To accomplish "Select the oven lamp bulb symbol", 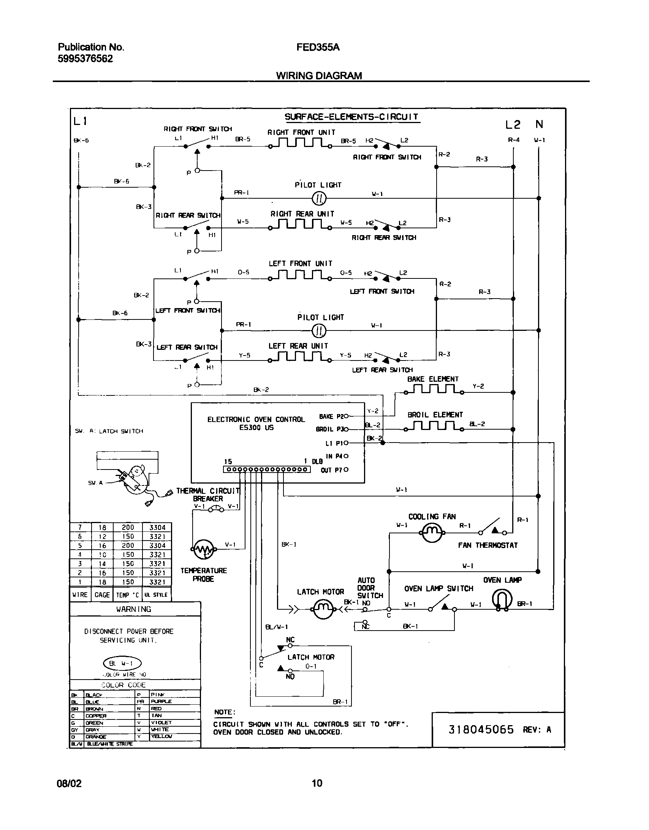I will click(x=502, y=599).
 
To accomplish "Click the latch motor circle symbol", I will click(x=322, y=610).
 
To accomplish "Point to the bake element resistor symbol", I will click(x=434, y=389).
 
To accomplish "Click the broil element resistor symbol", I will click(x=434, y=427).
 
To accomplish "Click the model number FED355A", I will click(x=318, y=47).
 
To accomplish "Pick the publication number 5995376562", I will click(x=85, y=58).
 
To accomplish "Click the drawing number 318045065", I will click(x=481, y=729).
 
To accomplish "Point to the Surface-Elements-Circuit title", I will click(x=351, y=117).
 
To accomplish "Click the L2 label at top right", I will click(x=513, y=125).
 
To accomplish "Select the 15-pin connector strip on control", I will click(x=267, y=470).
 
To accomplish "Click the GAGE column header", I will click(x=102, y=595).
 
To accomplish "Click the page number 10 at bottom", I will click(x=317, y=783).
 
